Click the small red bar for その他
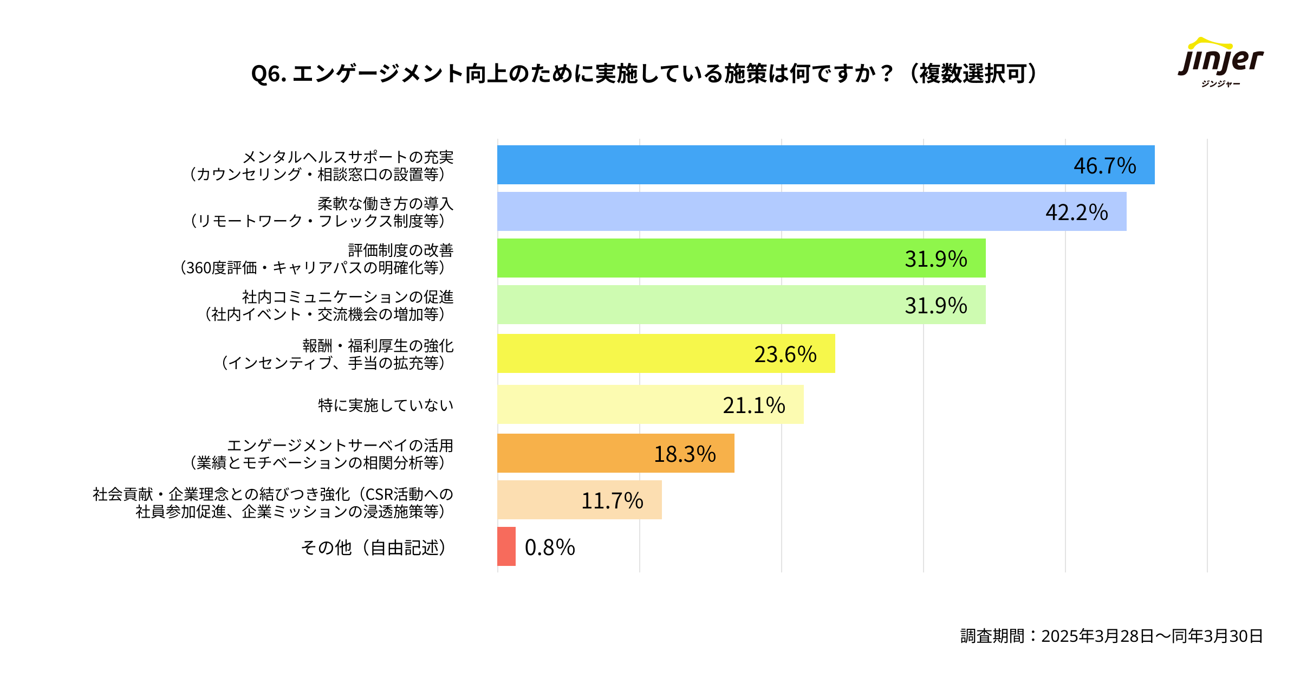point(506,546)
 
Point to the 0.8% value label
point(550,547)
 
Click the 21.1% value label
point(753,405)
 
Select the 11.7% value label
point(612,501)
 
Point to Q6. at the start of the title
point(269,74)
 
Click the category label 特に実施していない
point(386,405)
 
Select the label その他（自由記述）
point(374,547)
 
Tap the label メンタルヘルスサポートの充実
point(348,157)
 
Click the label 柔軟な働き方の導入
point(385,204)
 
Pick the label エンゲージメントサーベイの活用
point(340,446)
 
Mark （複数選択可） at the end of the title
point(972,74)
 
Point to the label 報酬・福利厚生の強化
point(378,346)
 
